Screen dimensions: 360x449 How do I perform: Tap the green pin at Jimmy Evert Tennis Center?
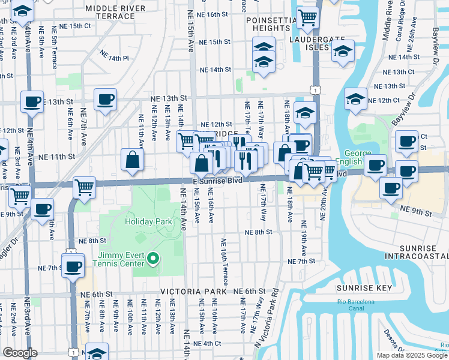tap(153, 259)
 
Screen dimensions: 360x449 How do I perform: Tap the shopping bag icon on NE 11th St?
tap(131, 160)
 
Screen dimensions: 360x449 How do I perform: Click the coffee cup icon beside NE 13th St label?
tap(105, 99)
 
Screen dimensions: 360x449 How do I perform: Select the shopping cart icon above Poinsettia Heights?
tap(307, 18)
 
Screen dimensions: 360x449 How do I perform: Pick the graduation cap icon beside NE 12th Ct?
tap(355, 98)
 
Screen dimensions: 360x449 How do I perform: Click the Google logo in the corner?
tap(20, 353)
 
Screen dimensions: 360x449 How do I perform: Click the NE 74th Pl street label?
tap(115, 58)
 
